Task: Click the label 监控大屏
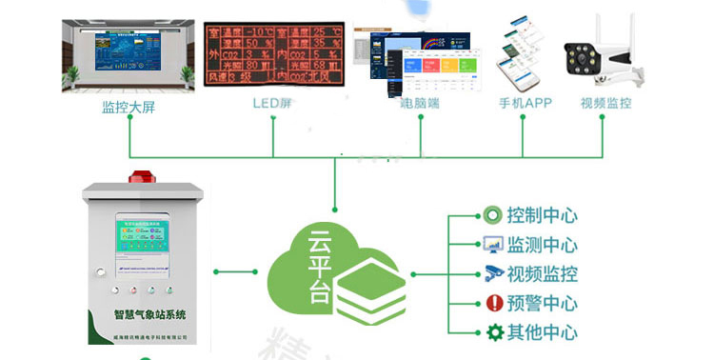click(x=129, y=106)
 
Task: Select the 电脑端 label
click(x=419, y=103)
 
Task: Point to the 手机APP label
click(x=525, y=103)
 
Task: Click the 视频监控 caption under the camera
click(x=606, y=103)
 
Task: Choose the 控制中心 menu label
click(x=542, y=215)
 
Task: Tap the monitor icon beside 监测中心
click(x=492, y=245)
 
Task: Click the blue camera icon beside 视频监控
click(x=492, y=274)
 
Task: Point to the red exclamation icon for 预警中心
click(x=493, y=304)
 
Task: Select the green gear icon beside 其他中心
click(x=493, y=332)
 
